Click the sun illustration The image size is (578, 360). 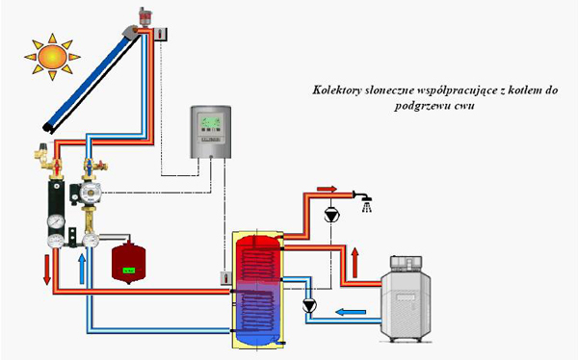click(x=52, y=57)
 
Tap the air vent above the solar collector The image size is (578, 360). click(x=144, y=17)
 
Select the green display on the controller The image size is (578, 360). click(x=210, y=120)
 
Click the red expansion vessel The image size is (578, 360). click(x=128, y=263)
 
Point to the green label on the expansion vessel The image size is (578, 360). click(x=129, y=270)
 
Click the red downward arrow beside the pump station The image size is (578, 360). click(x=47, y=270)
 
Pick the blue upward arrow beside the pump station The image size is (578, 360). click(x=82, y=269)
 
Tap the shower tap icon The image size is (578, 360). click(x=364, y=201)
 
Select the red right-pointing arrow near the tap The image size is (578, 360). click(x=327, y=189)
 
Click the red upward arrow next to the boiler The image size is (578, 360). click(x=355, y=263)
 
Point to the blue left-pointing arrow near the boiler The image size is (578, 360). click(x=351, y=312)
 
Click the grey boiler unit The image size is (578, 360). click(x=406, y=299)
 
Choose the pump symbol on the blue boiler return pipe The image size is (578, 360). click(x=309, y=305)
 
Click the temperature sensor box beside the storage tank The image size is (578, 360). click(x=225, y=278)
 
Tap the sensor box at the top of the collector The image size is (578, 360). click(x=161, y=35)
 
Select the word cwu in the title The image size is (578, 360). click(x=464, y=107)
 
